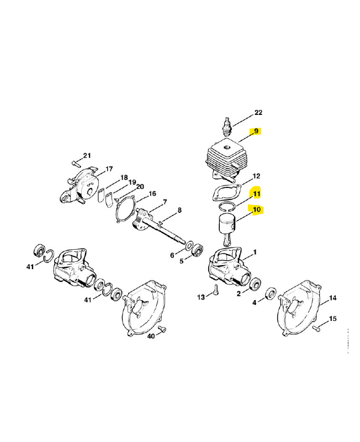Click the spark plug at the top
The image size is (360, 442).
[x=227, y=128]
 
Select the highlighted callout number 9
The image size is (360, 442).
[x=256, y=131]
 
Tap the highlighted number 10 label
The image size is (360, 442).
[x=256, y=210]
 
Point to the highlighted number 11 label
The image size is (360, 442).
[x=257, y=194]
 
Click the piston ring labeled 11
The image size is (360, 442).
[x=227, y=207]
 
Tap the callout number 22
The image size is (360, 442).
[x=258, y=113]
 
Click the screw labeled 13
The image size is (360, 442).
[x=215, y=290]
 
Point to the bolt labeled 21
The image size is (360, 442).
[x=76, y=162]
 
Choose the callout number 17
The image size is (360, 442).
[x=109, y=169]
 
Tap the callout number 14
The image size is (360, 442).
[x=333, y=298]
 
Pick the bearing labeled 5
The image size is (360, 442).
[x=197, y=250]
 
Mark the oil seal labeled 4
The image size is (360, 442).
[x=271, y=293]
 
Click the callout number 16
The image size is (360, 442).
[x=152, y=194]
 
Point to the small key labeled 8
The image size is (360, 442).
[x=161, y=223]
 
